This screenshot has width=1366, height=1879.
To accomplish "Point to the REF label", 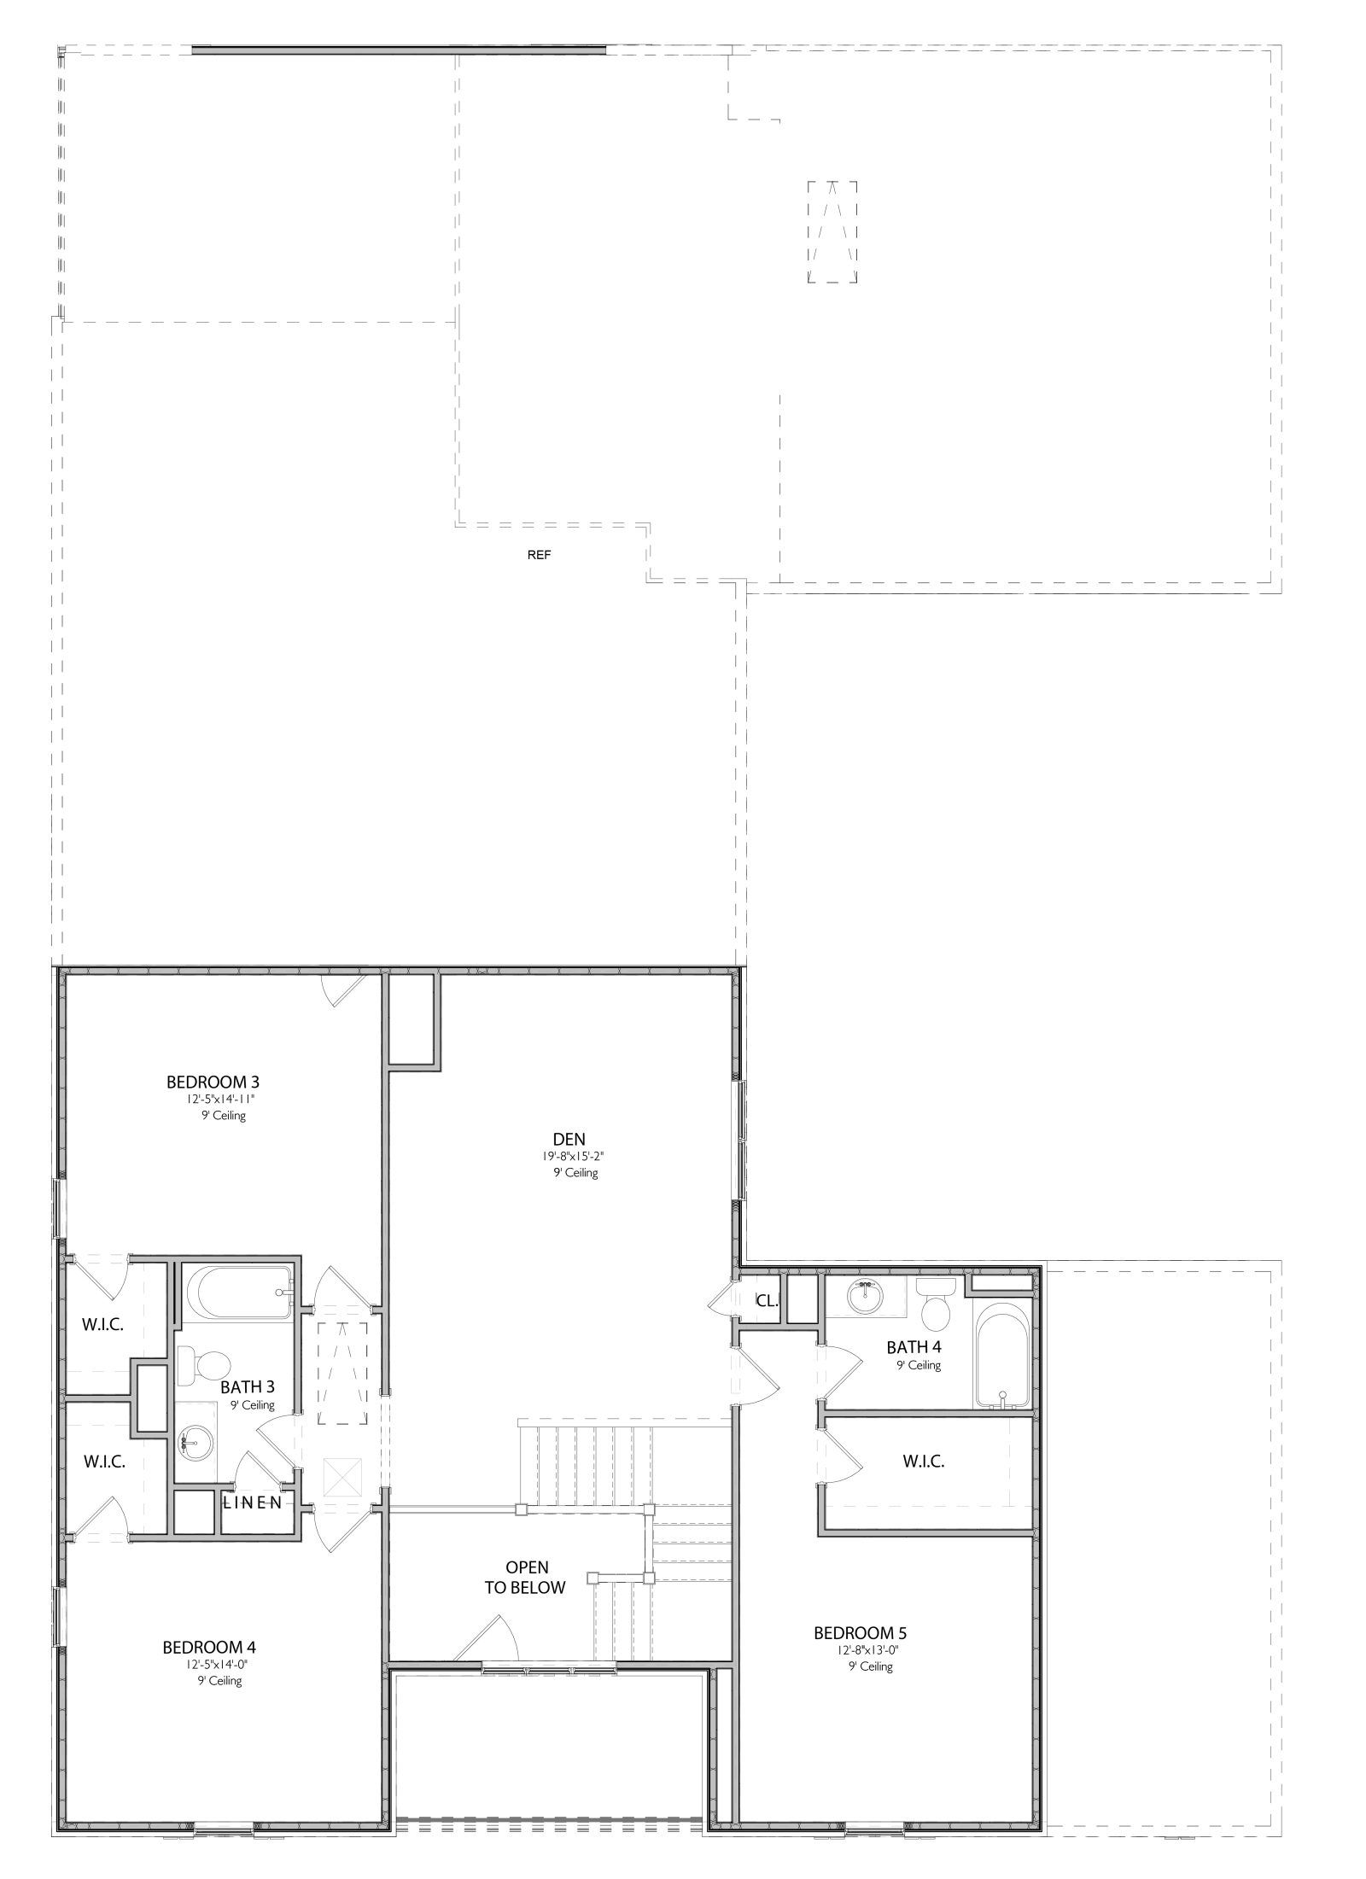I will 540,555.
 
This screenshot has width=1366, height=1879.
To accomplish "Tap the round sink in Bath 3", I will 192,1444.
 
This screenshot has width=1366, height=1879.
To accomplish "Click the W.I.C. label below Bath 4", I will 923,1462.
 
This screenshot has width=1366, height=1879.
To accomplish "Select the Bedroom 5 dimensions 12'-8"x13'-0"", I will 867,1649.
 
